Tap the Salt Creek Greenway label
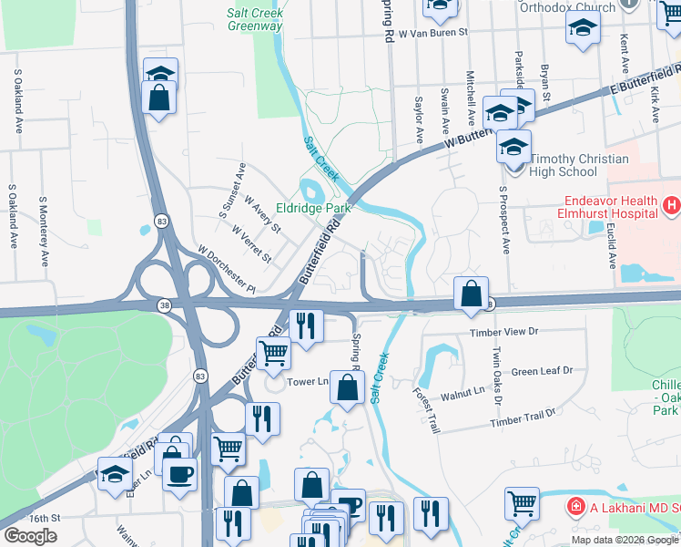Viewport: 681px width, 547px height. point(254,19)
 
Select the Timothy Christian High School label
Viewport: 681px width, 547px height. point(576,165)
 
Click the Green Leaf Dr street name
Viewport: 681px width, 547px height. point(542,371)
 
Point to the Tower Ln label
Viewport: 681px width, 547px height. point(307,382)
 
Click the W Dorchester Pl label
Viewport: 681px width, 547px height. point(227,265)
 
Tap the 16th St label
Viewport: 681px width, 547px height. point(43,517)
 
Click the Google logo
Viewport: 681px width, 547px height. point(30,535)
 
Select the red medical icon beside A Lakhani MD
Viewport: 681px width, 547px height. point(574,506)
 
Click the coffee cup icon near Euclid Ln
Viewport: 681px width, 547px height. point(179,472)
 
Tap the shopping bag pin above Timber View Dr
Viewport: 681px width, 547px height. point(471,294)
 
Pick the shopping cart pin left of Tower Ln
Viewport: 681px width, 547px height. point(272,352)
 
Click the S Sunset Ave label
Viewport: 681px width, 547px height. point(231,189)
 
